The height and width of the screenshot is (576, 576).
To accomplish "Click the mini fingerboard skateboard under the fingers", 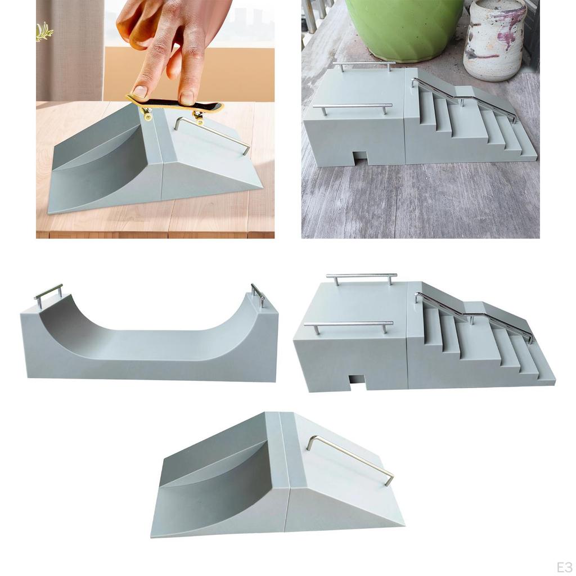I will pos(174,105).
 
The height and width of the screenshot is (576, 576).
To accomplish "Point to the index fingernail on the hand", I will pos(139,91).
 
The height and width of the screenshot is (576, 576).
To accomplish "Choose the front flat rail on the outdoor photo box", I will pos(353,106).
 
